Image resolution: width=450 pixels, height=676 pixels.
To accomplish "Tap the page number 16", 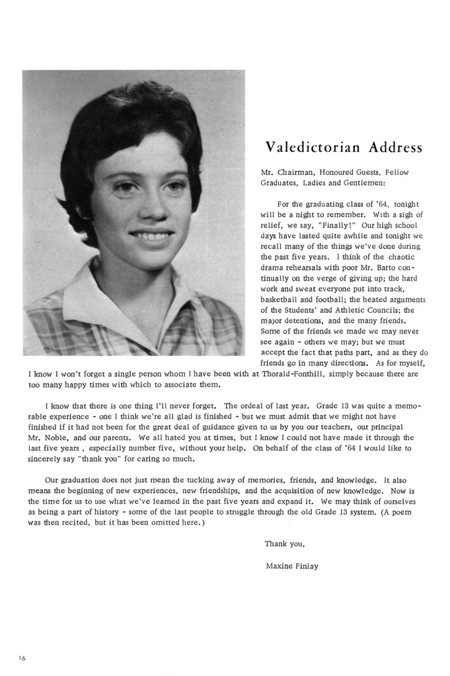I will pos(22,658).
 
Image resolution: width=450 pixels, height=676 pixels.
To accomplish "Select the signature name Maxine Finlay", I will pos(291,566).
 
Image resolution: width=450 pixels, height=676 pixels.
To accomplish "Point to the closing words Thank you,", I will pos(284,544).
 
